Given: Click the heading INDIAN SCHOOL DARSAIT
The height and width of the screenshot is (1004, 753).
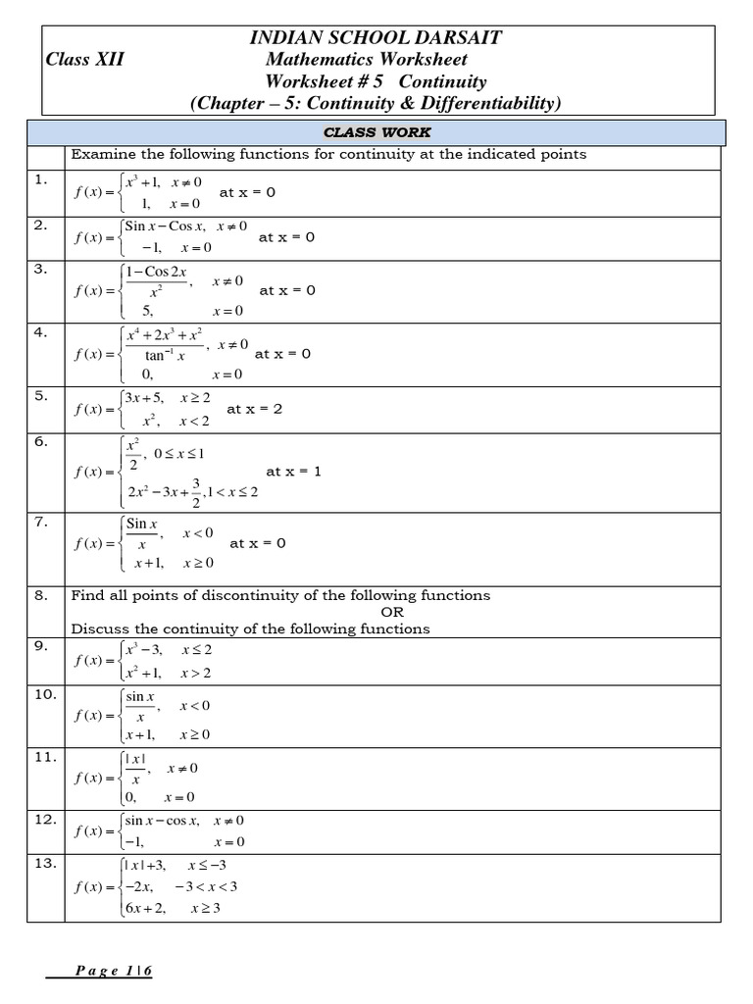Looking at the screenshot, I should [x=376, y=37].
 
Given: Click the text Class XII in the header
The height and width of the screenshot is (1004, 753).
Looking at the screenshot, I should [x=84, y=60].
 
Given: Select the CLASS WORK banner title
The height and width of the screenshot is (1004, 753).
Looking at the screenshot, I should [x=376, y=132].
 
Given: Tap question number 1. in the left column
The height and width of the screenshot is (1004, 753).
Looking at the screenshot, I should [x=41, y=179].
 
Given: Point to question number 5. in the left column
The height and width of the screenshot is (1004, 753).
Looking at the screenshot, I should [x=41, y=395].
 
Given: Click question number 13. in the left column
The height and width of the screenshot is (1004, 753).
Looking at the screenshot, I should [x=45, y=864].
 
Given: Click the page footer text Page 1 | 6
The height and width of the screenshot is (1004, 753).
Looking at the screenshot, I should [x=114, y=971].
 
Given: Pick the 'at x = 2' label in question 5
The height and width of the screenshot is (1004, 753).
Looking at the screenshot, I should [x=254, y=409].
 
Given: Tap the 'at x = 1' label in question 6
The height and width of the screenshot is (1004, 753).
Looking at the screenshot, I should [x=293, y=472].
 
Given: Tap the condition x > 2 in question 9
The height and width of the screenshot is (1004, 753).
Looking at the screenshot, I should [x=195, y=673].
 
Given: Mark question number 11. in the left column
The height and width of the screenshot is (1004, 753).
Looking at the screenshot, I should [x=45, y=757].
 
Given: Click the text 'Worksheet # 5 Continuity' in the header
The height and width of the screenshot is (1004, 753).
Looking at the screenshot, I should [x=376, y=81].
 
